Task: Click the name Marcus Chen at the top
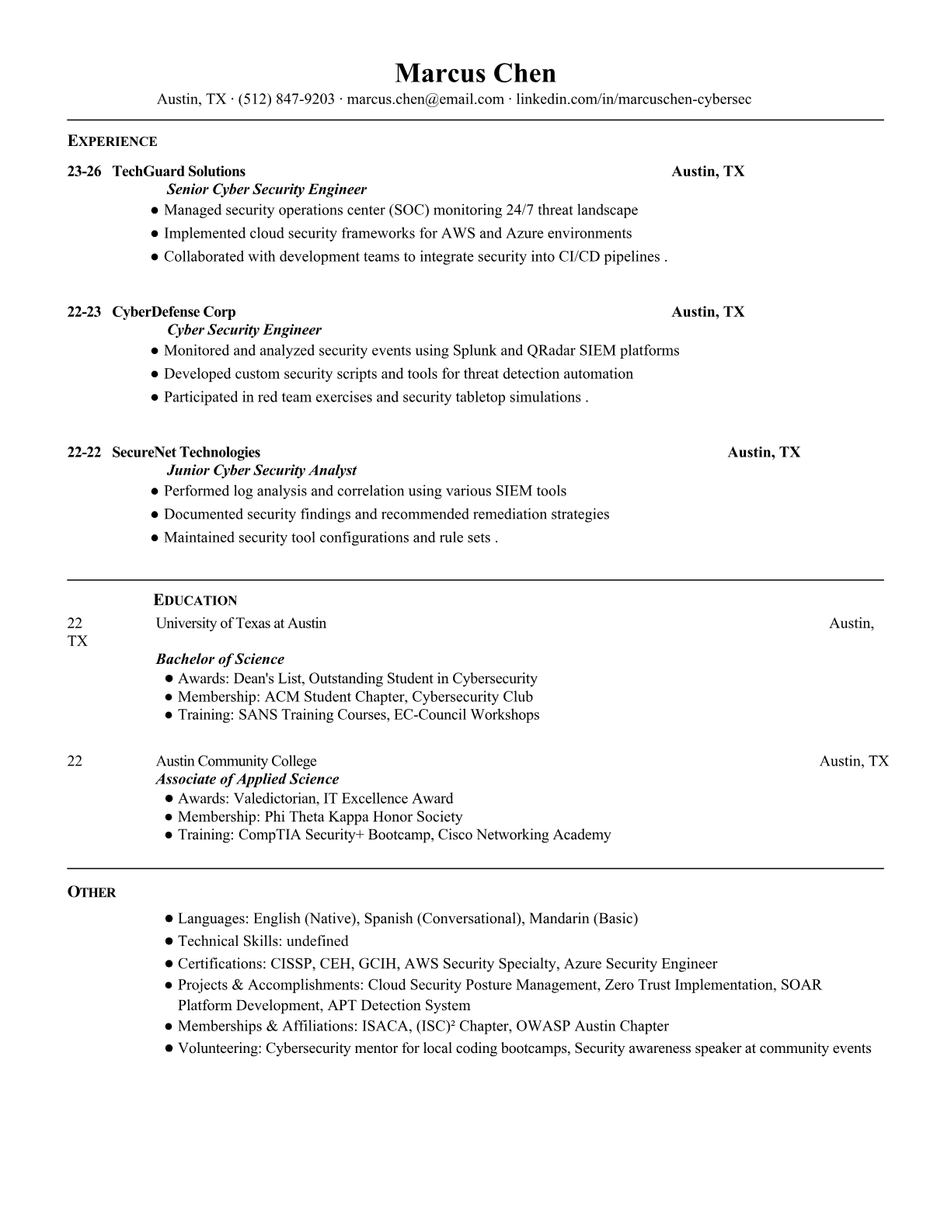[x=475, y=73]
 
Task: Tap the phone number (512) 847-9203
[x=286, y=99]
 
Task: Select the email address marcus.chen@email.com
[x=425, y=99]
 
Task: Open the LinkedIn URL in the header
[x=633, y=99]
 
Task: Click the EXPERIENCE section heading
[x=112, y=141]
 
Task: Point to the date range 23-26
[x=84, y=172]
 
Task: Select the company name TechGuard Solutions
[x=179, y=172]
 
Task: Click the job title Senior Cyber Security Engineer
[x=266, y=189]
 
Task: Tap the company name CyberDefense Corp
[x=174, y=312]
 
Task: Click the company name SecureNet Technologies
[x=186, y=453]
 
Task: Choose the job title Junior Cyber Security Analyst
[x=262, y=471]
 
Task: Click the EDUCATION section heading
[x=195, y=600]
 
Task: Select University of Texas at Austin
[x=241, y=624]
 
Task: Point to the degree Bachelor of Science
[x=220, y=659]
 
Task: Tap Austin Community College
[x=236, y=761]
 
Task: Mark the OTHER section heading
[x=92, y=892]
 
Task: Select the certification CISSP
[x=291, y=964]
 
